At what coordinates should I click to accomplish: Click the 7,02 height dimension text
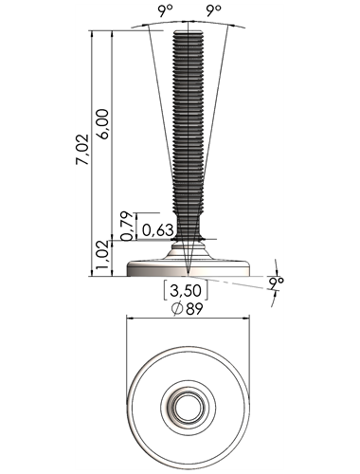pos(82,150)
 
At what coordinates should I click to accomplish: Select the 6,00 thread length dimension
pos(103,124)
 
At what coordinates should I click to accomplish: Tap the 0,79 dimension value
pos(127,226)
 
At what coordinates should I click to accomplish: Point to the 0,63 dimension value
pos(158,230)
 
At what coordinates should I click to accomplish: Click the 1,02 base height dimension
pos(102,258)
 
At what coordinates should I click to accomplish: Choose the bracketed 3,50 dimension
pos(186,290)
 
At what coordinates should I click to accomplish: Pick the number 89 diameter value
pos(194,309)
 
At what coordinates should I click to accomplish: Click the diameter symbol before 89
pos(177,309)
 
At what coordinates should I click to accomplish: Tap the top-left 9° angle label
pos(167,12)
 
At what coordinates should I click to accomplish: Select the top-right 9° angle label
pos(214,12)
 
